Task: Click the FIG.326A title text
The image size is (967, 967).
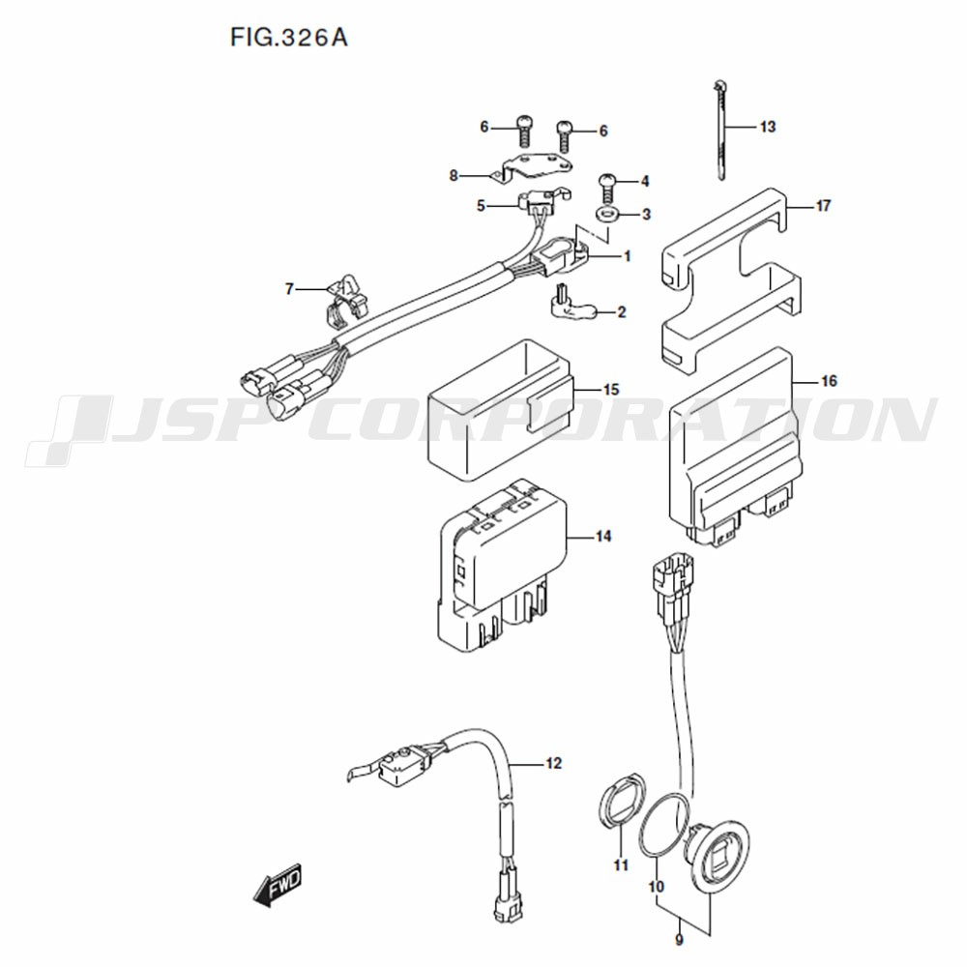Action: point(288,38)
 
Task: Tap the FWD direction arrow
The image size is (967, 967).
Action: point(278,885)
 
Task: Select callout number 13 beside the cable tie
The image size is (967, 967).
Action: point(767,127)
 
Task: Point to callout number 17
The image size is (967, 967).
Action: point(823,205)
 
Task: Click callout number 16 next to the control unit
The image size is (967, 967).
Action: point(829,381)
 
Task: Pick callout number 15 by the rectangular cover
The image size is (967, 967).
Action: point(610,390)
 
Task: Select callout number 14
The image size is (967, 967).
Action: point(603,537)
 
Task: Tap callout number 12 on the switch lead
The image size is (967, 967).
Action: point(554,764)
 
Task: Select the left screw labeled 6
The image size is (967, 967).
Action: point(523,131)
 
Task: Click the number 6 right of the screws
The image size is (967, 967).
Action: point(603,131)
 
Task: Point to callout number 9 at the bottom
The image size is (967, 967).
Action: point(680,941)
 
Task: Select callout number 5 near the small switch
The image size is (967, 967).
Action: point(481,206)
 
